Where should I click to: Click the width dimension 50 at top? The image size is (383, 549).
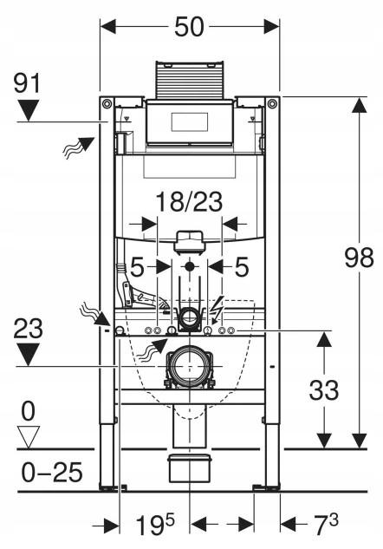tap(189, 27)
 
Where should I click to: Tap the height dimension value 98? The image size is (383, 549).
tap(360, 258)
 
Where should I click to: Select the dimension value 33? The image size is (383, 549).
tap(324, 390)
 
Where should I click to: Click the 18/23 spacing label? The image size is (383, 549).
tap(189, 202)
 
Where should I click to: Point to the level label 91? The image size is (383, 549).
tap(28, 83)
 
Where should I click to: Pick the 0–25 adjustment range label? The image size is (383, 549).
tap(52, 473)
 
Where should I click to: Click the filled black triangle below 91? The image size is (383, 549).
tap(29, 110)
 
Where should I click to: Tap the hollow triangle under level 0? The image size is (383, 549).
tap(29, 437)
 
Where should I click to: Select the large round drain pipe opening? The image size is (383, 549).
tap(190, 366)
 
